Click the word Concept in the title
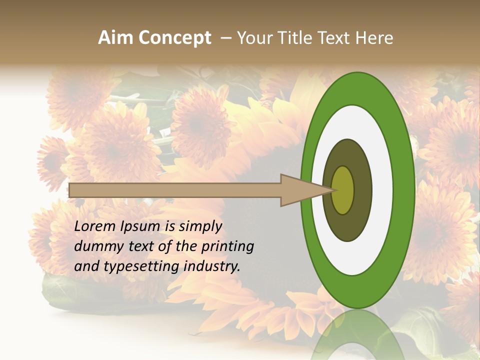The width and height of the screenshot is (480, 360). click(x=175, y=38)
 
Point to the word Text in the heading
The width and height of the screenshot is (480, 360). click(x=332, y=38)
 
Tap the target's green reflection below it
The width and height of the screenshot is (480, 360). click(x=357, y=335)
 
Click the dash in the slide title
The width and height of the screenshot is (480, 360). click(x=225, y=38)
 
